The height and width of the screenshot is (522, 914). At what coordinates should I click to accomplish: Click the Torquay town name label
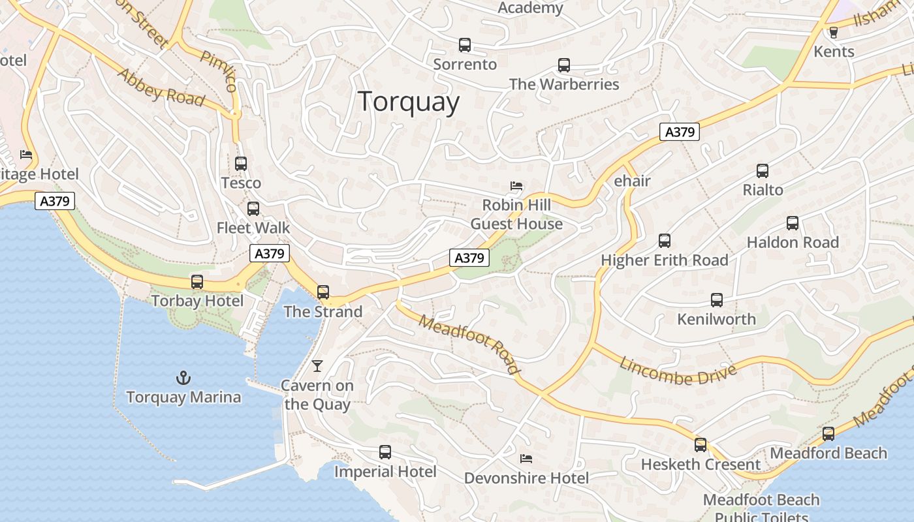coord(409,102)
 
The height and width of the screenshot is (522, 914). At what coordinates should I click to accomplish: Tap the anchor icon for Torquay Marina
coord(183,378)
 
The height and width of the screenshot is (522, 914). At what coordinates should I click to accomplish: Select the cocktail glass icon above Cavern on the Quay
coord(317,366)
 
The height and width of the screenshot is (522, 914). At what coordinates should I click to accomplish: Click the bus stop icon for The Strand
coord(323,292)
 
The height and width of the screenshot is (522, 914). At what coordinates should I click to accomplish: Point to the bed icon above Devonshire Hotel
coord(526,459)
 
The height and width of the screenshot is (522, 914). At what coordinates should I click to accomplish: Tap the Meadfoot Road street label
coord(470,345)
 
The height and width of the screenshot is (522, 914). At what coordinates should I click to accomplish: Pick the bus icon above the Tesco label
coord(241,164)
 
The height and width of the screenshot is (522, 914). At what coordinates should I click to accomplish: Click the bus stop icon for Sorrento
coord(465,45)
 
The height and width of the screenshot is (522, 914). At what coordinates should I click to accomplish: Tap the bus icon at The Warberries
coord(564,65)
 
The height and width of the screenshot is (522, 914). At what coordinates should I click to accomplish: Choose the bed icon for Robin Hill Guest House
coord(516,186)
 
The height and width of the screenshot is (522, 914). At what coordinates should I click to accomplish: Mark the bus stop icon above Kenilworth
coord(717,300)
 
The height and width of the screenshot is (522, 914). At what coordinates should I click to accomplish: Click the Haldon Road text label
coord(793,242)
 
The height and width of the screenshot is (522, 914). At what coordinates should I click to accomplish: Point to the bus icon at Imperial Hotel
coord(385,452)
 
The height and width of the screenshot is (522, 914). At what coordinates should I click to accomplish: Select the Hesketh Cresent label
coord(701,465)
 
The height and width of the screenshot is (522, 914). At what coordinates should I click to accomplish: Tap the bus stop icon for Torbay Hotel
coord(197,282)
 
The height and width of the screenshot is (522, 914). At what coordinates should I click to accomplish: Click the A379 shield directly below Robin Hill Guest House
coord(469,258)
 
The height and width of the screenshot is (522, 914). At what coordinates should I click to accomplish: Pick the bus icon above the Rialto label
coord(763,171)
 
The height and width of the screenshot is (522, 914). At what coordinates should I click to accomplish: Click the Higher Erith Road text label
coord(665,260)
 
